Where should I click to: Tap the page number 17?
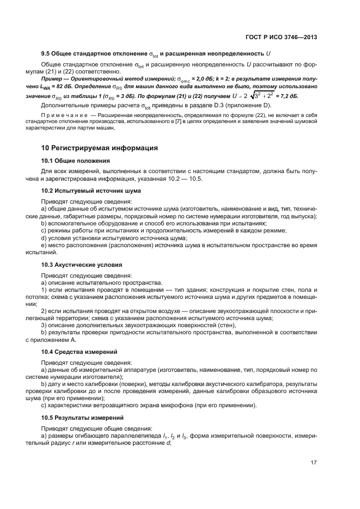point(314,463)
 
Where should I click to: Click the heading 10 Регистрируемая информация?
point(100,148)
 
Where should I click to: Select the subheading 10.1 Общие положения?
point(76,161)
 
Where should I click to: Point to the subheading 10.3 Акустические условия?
point(82,265)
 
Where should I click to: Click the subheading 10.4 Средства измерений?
point(79,352)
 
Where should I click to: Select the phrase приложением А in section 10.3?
point(45,340)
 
